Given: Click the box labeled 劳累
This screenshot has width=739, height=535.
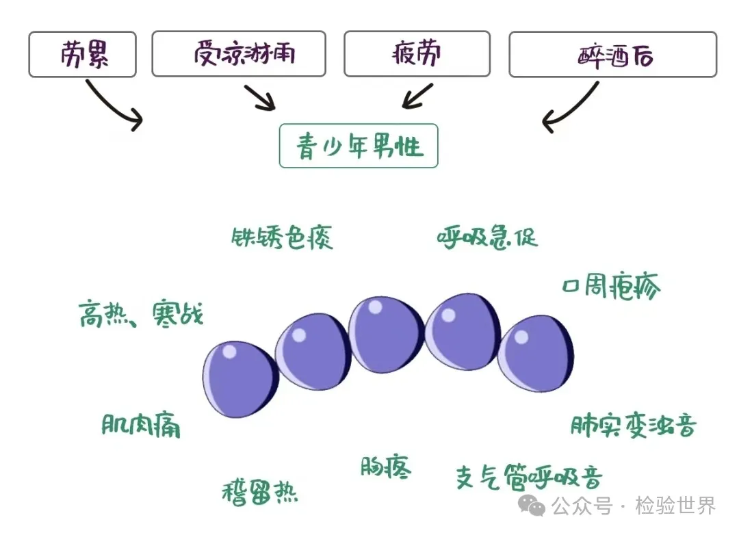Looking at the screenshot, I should click(x=82, y=53).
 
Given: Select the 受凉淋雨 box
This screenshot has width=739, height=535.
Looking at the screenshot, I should click(x=238, y=53).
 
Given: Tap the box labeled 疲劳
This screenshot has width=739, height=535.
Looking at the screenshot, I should click(x=417, y=53).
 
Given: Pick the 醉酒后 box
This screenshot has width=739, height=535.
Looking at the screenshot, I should click(x=612, y=54).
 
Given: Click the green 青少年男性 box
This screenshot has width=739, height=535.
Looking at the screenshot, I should click(x=359, y=146).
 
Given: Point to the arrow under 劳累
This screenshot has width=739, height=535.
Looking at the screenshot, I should click(x=113, y=105).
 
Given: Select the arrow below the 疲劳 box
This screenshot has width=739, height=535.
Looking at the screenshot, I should click(x=418, y=96).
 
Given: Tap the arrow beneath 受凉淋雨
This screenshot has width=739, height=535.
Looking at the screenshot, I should click(x=259, y=98).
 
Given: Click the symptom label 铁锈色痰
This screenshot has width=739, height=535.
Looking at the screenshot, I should click(x=282, y=237).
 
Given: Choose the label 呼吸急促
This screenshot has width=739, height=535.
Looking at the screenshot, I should click(x=487, y=237).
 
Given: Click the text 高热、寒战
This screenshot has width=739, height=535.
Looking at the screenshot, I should click(x=141, y=315).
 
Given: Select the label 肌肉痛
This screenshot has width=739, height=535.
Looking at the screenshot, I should click(x=141, y=426).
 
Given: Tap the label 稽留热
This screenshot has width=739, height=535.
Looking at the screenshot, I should click(x=260, y=492).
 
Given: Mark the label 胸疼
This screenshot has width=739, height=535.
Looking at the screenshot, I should click(x=386, y=467).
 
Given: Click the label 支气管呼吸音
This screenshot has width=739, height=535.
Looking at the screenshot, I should click(x=529, y=477).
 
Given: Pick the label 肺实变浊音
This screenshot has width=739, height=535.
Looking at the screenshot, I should click(x=634, y=426).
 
